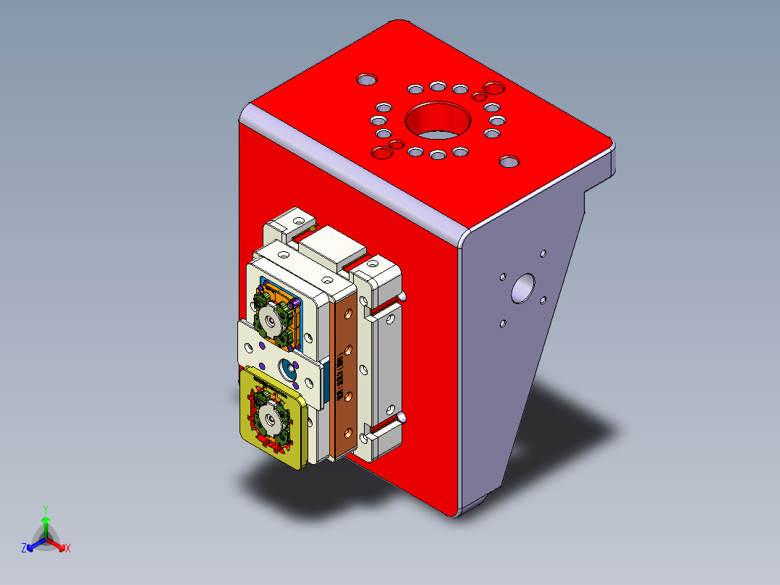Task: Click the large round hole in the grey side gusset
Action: (522, 288)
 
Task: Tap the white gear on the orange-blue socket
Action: (271, 319)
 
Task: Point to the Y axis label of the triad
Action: (45, 509)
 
